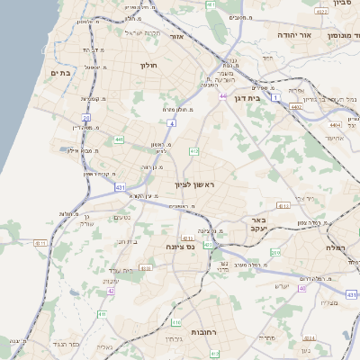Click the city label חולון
(x=148, y=65)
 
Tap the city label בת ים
(x=60, y=73)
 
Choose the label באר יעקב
(x=258, y=224)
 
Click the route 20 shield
(x=86, y=117)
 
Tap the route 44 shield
(x=222, y=96)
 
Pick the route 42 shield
(x=111, y=291)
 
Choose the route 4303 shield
(x=144, y=267)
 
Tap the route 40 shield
(x=302, y=289)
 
